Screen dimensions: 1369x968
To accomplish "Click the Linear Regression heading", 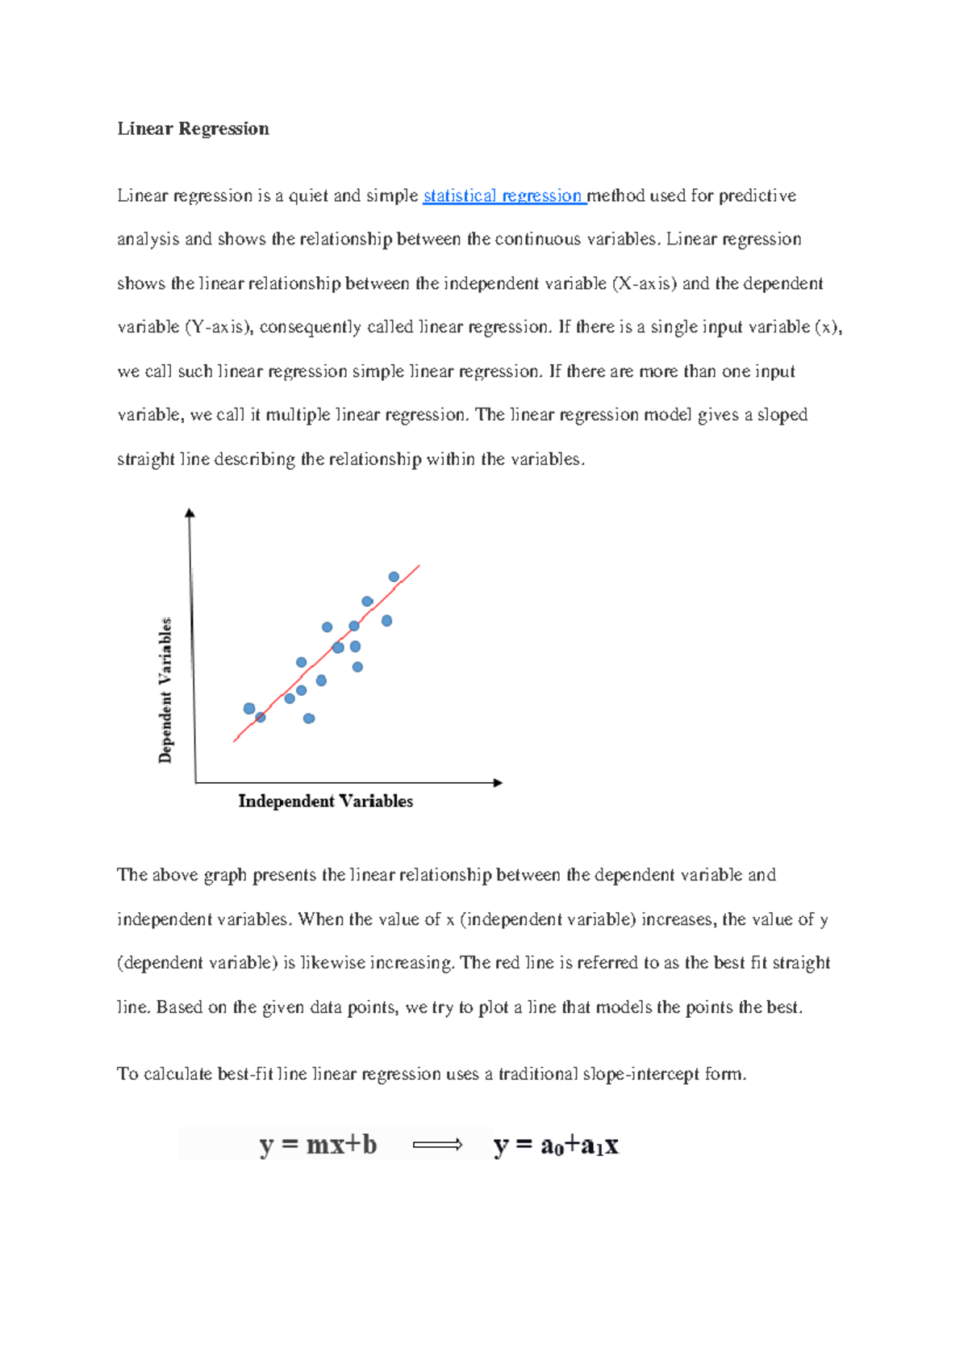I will pyautogui.click(x=193, y=129).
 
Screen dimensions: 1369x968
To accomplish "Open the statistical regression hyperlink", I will pyautogui.click(x=503, y=196).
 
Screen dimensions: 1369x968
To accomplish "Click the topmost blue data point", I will pyautogui.click(x=394, y=577).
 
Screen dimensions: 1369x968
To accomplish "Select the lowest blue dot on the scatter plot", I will pyautogui.click(x=309, y=718).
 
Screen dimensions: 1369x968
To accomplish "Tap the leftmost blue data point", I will pyautogui.click(x=249, y=709).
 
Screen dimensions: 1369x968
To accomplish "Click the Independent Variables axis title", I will pyautogui.click(x=325, y=802).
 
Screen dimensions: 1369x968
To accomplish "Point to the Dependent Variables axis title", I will pyautogui.click(x=165, y=690).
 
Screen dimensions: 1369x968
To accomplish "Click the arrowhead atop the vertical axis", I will pyautogui.click(x=190, y=513).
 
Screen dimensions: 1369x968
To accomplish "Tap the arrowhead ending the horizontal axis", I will pyautogui.click(x=498, y=783).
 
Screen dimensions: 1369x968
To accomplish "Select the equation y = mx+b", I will pyautogui.click(x=318, y=1145).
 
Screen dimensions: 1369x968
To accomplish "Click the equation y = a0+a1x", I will pyautogui.click(x=556, y=1145).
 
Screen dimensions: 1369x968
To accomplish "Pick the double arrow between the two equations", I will pyautogui.click(x=437, y=1145).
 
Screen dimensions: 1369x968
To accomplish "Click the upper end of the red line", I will pyautogui.click(x=419, y=567).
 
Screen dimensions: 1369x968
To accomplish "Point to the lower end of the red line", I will pyautogui.click(x=235, y=740).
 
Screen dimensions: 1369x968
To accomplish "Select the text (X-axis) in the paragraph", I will pyautogui.click(x=645, y=284).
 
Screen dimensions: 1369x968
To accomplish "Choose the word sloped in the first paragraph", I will pyautogui.click(x=782, y=415).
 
